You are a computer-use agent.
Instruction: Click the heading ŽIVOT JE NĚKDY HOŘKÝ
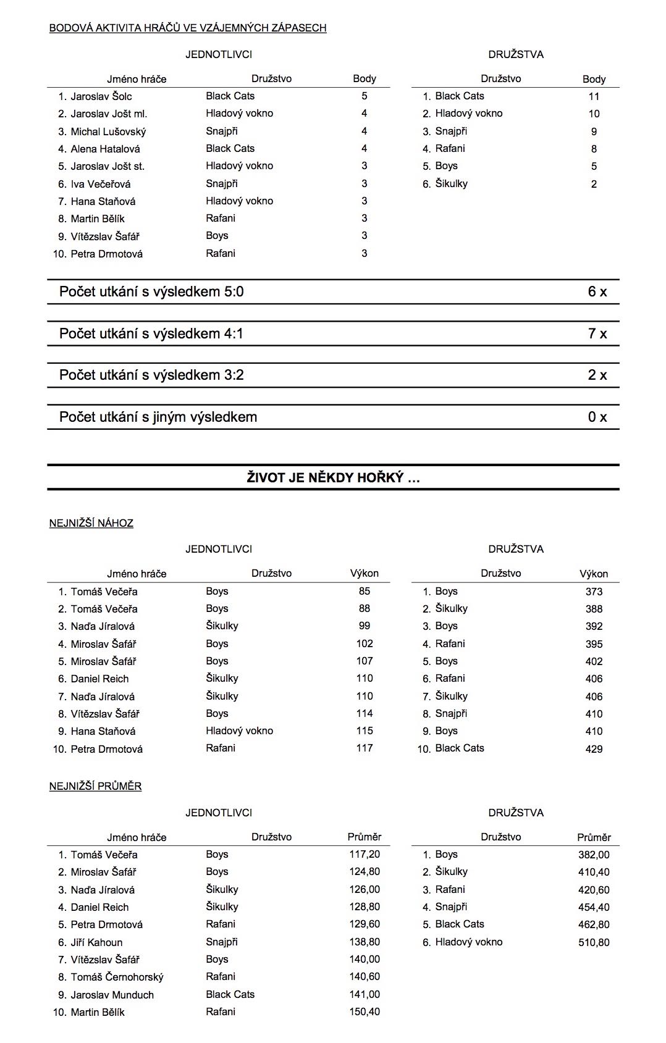pyautogui.click(x=333, y=477)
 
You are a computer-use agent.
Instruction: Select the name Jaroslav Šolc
pyautogui.click(x=101, y=96)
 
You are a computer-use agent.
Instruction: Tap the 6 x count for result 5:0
pyautogui.click(x=597, y=292)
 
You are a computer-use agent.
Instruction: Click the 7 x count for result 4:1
pyautogui.click(x=597, y=334)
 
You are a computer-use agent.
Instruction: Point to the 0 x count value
pyautogui.click(x=597, y=417)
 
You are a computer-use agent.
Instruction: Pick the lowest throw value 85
pyautogui.click(x=365, y=591)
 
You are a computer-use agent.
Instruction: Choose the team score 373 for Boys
pyautogui.click(x=594, y=592)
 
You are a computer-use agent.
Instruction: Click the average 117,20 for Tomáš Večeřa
pyautogui.click(x=365, y=855)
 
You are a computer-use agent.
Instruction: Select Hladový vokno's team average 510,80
pyautogui.click(x=594, y=942)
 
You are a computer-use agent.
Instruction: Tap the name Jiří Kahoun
pyautogui.click(x=96, y=942)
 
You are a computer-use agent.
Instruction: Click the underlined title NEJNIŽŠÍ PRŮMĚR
pyautogui.click(x=96, y=786)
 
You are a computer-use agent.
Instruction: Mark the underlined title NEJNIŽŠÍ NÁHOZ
pyautogui.click(x=91, y=523)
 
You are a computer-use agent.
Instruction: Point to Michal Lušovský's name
pyautogui.click(x=108, y=132)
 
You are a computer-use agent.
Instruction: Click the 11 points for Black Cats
pyautogui.click(x=594, y=96)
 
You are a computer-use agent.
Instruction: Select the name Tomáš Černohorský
pyautogui.click(x=117, y=977)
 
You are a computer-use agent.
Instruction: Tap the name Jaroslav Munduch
pyautogui.click(x=112, y=995)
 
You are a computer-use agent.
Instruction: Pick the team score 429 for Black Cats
pyautogui.click(x=594, y=749)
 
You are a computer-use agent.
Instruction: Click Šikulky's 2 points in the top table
pyautogui.click(x=594, y=184)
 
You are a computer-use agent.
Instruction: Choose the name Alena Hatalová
pyautogui.click(x=105, y=149)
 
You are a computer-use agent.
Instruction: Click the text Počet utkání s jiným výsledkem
pyautogui.click(x=158, y=417)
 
